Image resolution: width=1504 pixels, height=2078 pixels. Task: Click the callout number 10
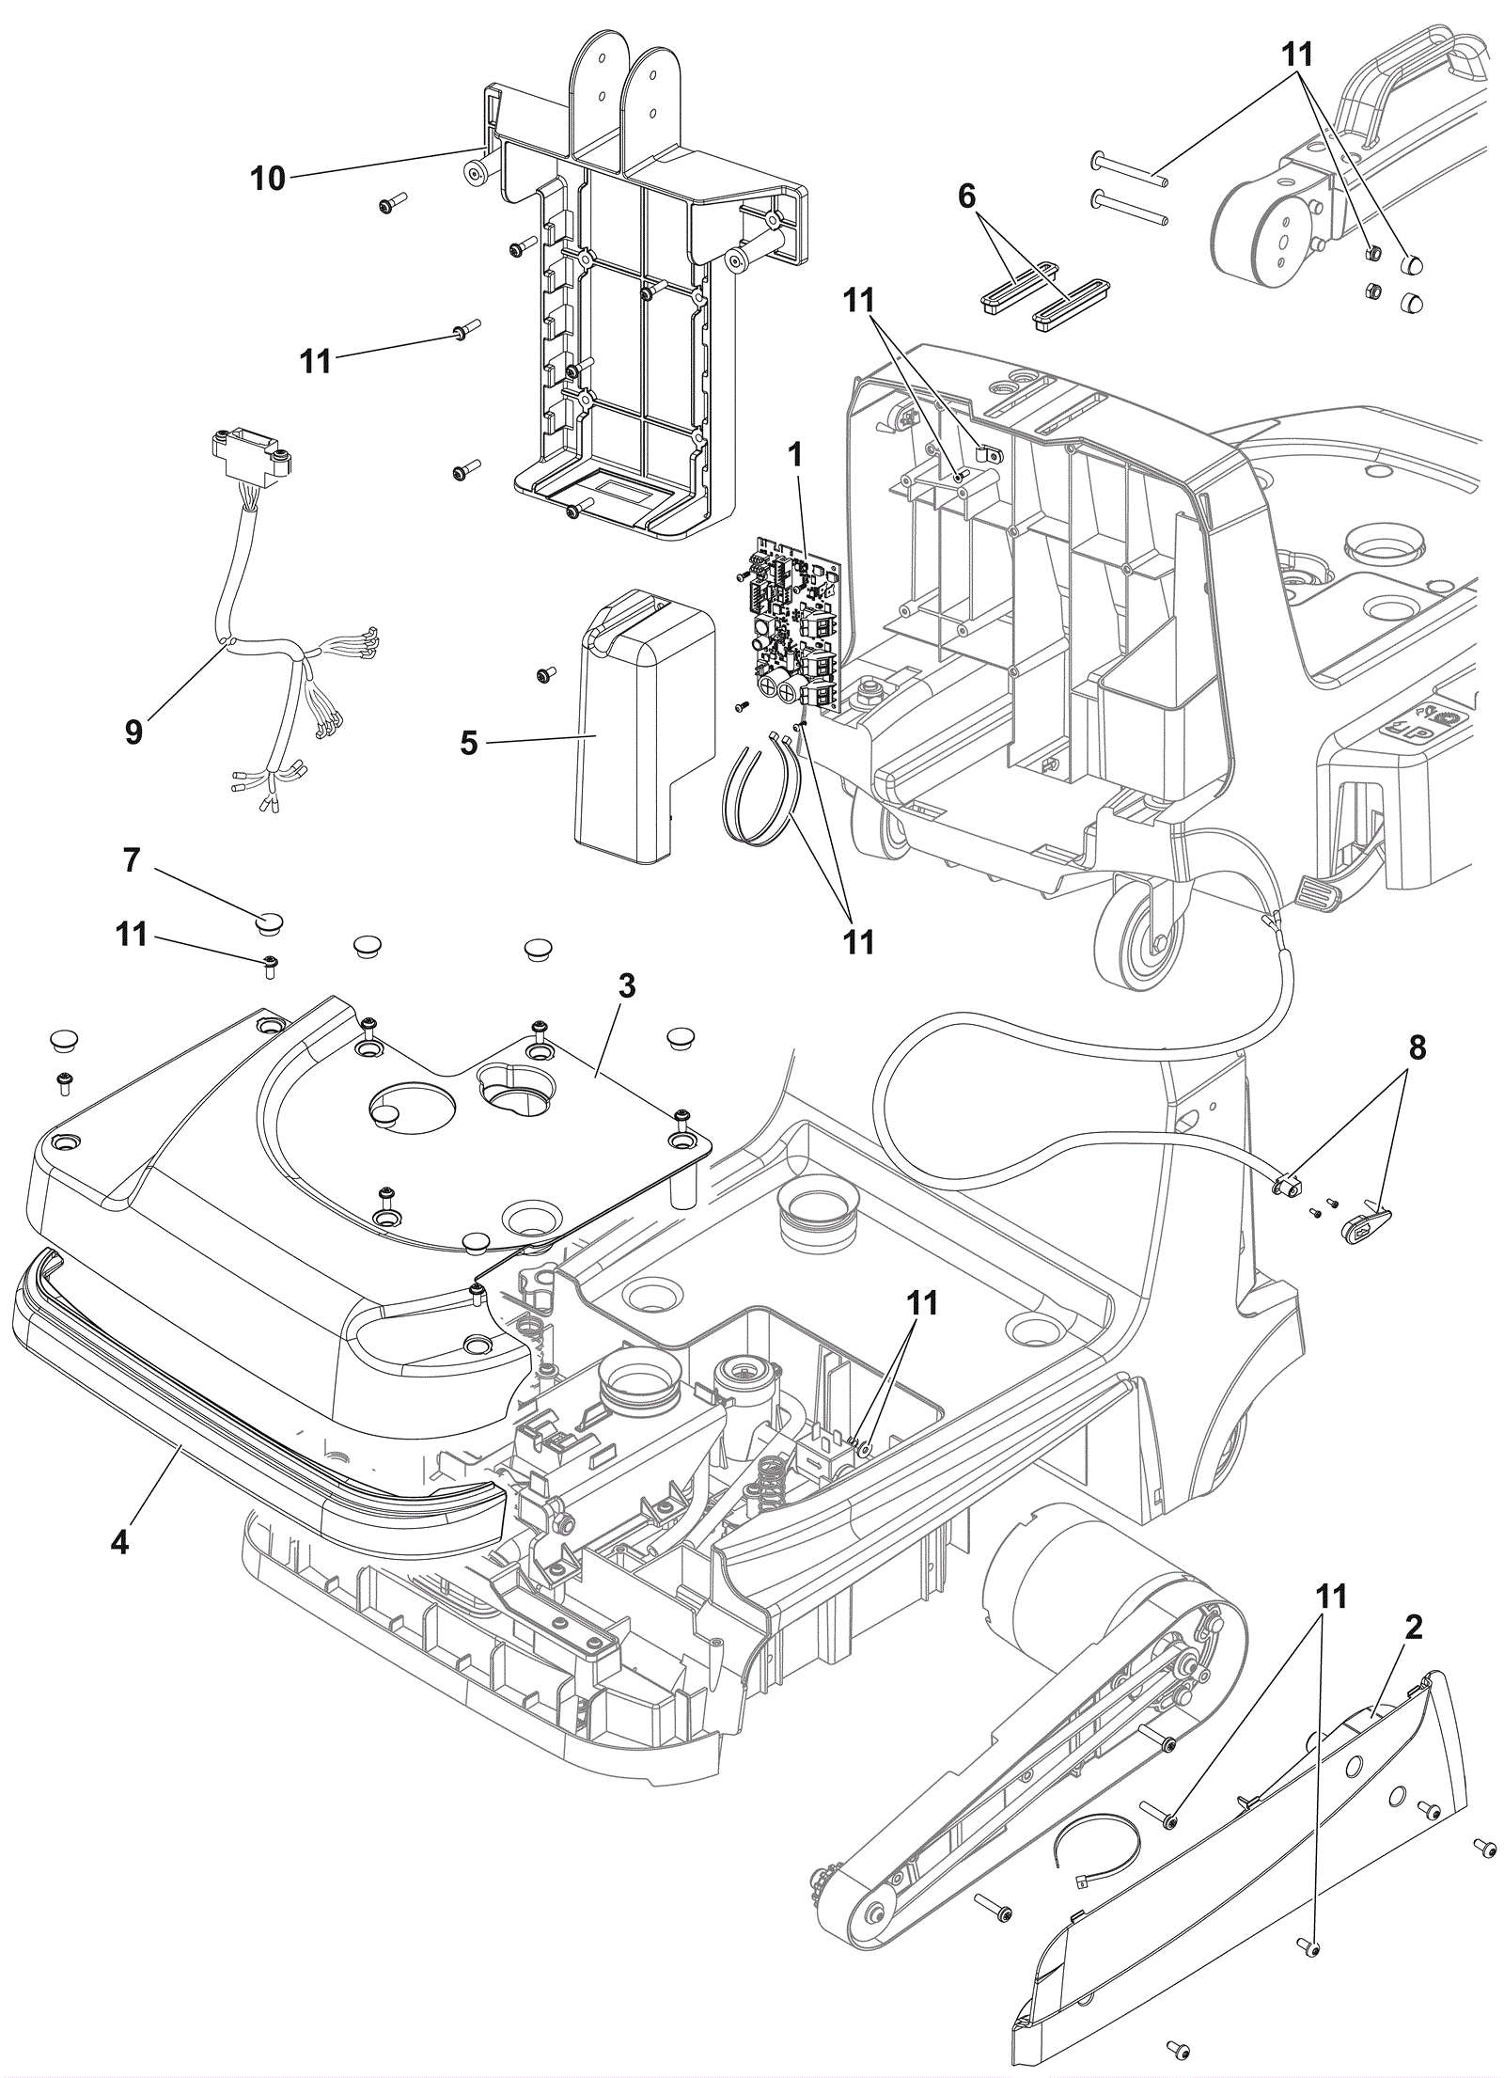click(268, 178)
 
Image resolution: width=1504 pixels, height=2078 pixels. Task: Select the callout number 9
click(134, 732)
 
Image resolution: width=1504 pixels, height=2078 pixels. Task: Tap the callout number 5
click(469, 743)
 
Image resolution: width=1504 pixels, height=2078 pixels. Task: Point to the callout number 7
click(132, 859)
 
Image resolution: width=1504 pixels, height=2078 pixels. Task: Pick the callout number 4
click(119, 1542)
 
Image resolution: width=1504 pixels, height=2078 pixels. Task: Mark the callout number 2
click(1413, 1628)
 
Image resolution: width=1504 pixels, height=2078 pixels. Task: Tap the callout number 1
click(796, 455)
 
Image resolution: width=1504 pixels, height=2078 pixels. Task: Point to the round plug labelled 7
click(271, 919)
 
